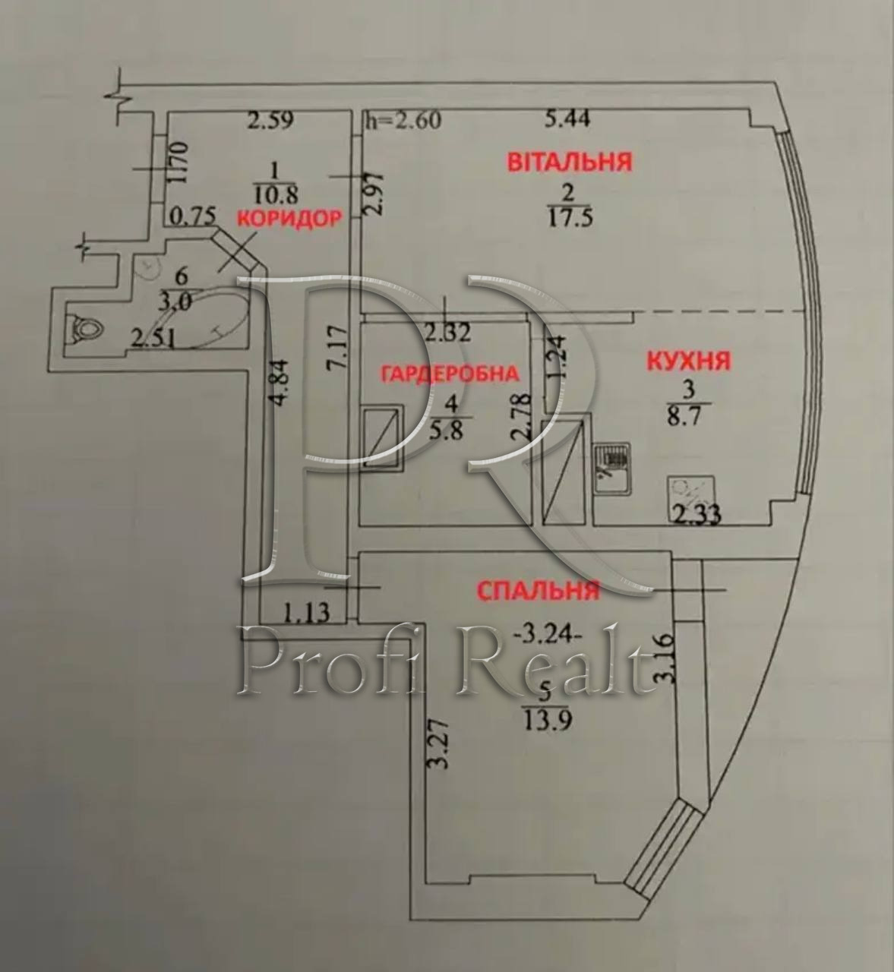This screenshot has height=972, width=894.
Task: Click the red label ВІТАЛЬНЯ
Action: [570, 162]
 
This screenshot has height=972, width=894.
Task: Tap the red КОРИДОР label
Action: [289, 219]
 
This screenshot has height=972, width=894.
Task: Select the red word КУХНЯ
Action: [689, 361]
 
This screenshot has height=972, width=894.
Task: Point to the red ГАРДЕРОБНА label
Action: [450, 374]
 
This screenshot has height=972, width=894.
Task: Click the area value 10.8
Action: [275, 195]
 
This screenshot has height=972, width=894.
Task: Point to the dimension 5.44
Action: [567, 118]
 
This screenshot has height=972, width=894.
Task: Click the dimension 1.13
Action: [306, 612]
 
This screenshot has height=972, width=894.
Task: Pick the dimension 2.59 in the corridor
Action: [270, 120]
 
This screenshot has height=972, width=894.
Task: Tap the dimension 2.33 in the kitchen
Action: [697, 515]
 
